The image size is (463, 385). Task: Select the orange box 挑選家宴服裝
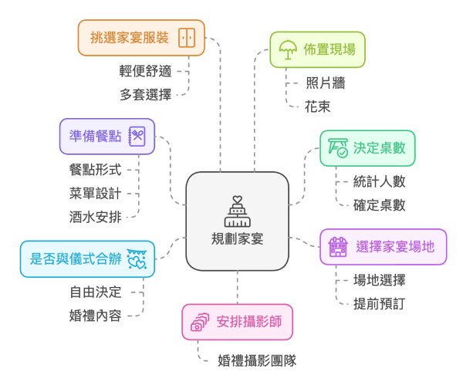pyautogui.click(x=141, y=38)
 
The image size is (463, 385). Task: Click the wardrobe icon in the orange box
pyautogui.click(x=187, y=38)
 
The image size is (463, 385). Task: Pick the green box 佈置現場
pyautogui.click(x=317, y=50)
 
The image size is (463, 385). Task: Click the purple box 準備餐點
pyautogui.click(x=107, y=137)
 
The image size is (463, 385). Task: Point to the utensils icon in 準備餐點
pyautogui.click(x=137, y=137)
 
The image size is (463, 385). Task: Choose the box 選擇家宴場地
pyautogui.click(x=372, y=247)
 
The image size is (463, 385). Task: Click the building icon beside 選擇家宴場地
pyautogui.click(x=337, y=247)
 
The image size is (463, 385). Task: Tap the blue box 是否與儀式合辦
pyautogui.click(x=88, y=259)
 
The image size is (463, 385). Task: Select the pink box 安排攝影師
pyautogui.click(x=237, y=322)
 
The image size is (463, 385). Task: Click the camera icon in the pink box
pyautogui.click(x=200, y=322)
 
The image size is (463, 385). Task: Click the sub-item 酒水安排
pyautogui.click(x=95, y=214)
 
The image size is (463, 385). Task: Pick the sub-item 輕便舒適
pyautogui.click(x=145, y=71)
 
